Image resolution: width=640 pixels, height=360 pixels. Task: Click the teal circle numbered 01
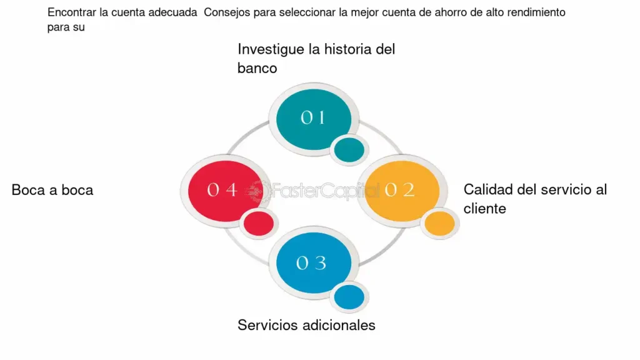click(x=314, y=119)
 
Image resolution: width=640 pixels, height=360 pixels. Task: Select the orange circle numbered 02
click(x=402, y=191)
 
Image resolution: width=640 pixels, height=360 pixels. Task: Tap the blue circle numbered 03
click(x=314, y=263)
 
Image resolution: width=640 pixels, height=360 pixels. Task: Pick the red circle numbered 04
click(x=225, y=191)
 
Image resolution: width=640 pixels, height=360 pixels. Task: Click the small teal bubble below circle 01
click(x=349, y=150)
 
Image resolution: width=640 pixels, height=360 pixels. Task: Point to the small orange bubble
click(x=439, y=224)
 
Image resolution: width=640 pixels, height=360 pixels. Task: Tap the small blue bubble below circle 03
click(x=349, y=297)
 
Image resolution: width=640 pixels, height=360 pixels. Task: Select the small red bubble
click(x=259, y=224)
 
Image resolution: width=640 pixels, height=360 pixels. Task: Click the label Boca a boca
click(x=52, y=190)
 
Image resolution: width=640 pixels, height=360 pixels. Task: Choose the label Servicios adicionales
click(x=306, y=325)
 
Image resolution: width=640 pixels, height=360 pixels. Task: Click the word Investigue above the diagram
click(x=271, y=50)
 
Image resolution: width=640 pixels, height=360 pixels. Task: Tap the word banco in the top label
click(x=257, y=68)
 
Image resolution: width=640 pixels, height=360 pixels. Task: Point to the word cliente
click(x=485, y=209)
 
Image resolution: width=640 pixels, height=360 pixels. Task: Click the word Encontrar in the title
click(x=72, y=12)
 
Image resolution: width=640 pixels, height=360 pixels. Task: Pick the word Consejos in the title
click(x=227, y=12)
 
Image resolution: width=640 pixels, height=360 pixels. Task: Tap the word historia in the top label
click(x=348, y=49)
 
